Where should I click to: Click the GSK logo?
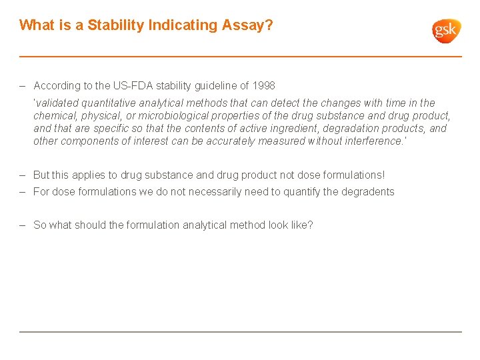click(446, 31)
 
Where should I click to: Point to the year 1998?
click(263, 85)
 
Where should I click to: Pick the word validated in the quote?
click(56, 103)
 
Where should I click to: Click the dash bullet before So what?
click(23, 225)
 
